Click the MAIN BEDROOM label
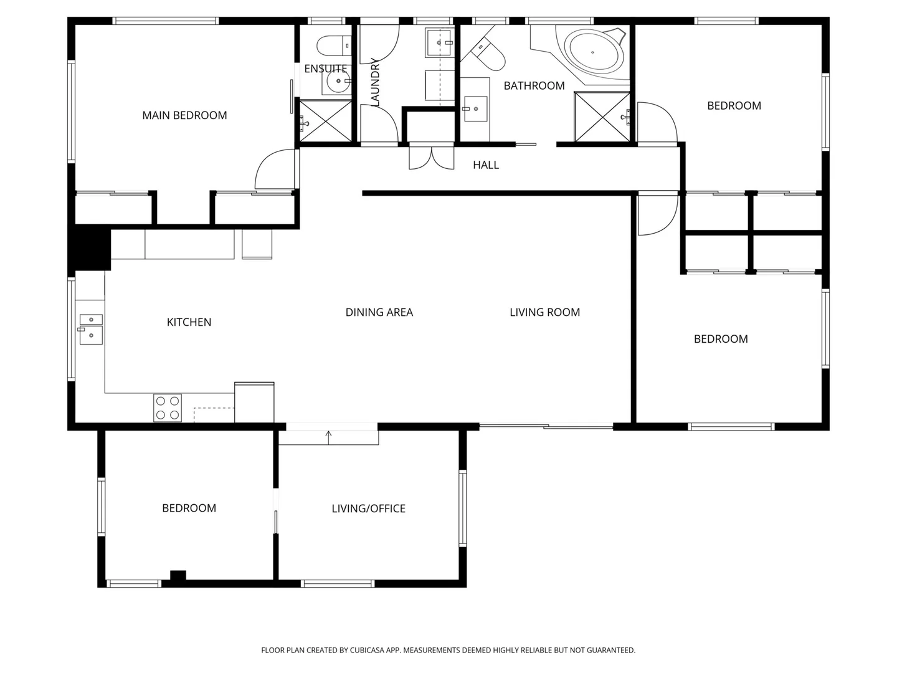[x=184, y=115]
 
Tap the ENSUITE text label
[x=325, y=69]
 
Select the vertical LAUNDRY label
[x=375, y=82]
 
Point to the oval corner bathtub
[x=594, y=53]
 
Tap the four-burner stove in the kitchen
[x=168, y=408]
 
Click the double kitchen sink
[x=91, y=328]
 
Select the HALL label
[x=486, y=165]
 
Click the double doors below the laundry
[x=431, y=158]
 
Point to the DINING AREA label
[x=379, y=312]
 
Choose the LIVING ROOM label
[x=544, y=312]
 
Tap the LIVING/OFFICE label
[x=368, y=508]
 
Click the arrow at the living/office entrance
[x=328, y=435]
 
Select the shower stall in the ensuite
[x=326, y=120]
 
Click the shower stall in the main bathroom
[x=602, y=117]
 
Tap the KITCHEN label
[x=189, y=322]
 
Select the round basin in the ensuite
[x=338, y=81]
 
